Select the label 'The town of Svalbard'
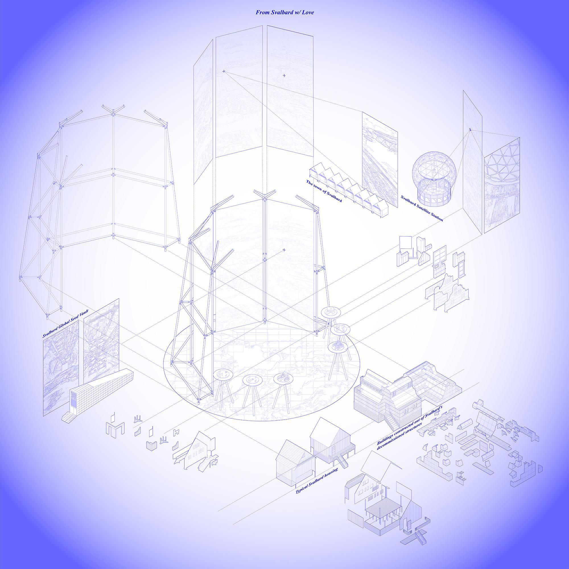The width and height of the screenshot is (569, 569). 324,191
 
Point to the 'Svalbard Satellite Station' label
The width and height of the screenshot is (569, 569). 422,208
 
